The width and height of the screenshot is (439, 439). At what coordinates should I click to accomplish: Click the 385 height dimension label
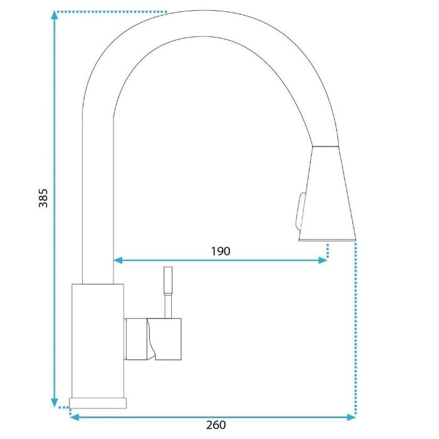[x=43, y=198]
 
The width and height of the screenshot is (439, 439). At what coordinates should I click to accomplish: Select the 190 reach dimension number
[x=220, y=251]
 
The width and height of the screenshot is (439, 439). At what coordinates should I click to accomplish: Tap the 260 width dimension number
[x=216, y=425]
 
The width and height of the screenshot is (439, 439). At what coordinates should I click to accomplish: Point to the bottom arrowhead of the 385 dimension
[x=55, y=403]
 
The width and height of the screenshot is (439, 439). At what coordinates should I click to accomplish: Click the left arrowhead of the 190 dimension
[x=118, y=260]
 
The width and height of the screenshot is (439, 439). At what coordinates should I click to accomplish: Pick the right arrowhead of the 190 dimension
[x=323, y=260]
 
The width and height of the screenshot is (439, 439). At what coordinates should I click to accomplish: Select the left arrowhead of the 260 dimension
[x=74, y=417]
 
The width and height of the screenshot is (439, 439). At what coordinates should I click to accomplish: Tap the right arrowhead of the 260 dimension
[x=351, y=417]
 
